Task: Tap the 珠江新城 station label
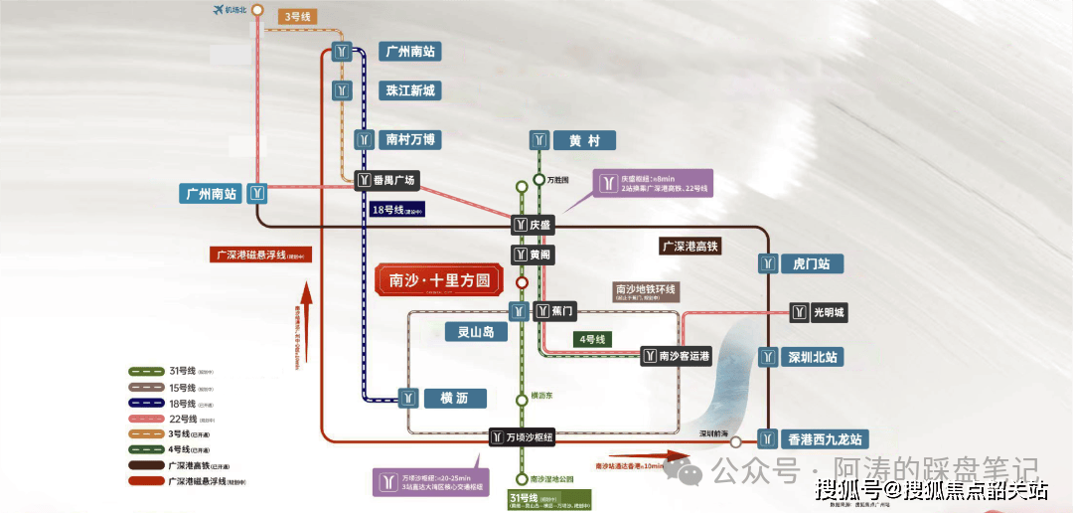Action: pyautogui.click(x=409, y=90)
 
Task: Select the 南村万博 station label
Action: pyautogui.click(x=409, y=139)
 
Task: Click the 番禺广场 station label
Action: pyautogui.click(x=395, y=180)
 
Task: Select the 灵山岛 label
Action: pyautogui.click(x=469, y=332)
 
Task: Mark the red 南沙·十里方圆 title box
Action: pyautogui.click(x=437, y=281)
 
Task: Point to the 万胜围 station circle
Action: pyautogui.click(x=521, y=186)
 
